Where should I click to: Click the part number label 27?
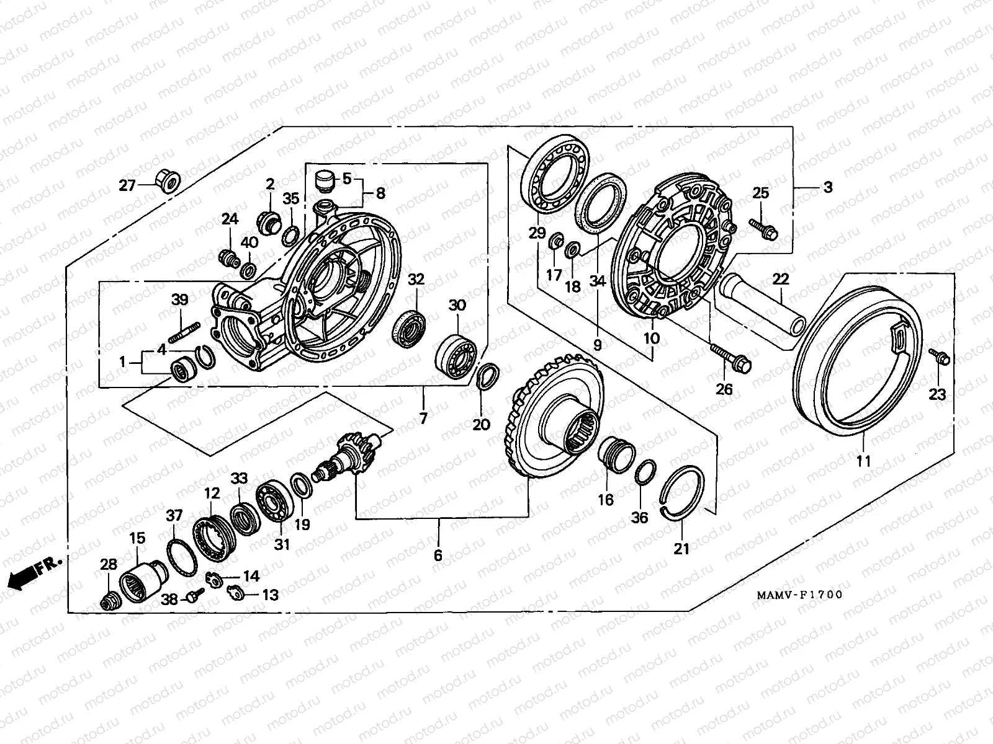point(127,185)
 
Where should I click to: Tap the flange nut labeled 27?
point(166,180)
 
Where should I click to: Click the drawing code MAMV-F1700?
point(799,595)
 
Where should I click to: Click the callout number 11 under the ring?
point(863,461)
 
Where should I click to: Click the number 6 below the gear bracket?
point(438,556)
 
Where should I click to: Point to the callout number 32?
point(416,280)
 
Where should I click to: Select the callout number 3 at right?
point(828,187)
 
